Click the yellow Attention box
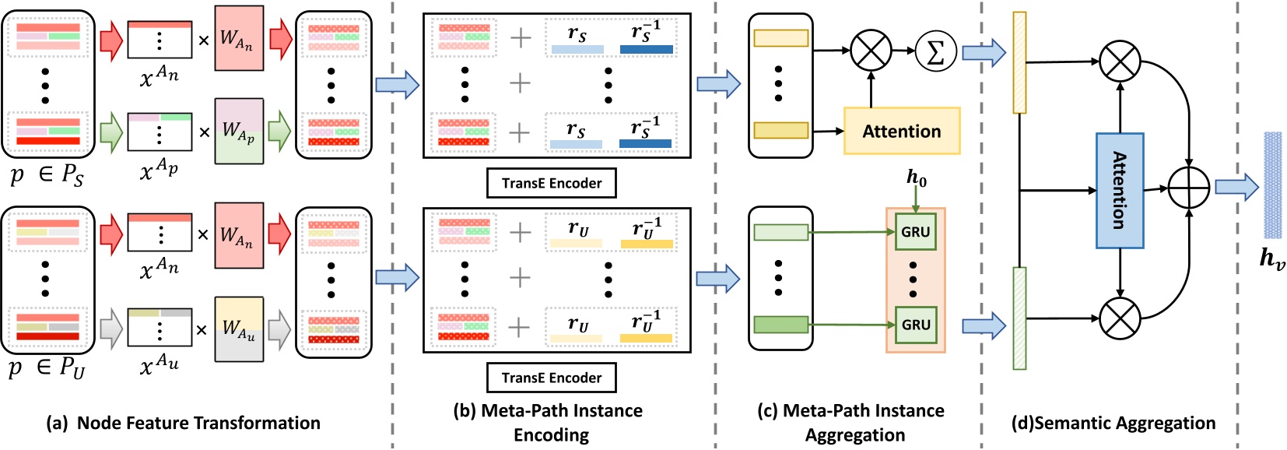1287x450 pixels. [x=902, y=132]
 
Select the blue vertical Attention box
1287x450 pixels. [x=1120, y=191]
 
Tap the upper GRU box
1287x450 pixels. [x=915, y=232]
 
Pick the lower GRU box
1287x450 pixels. [x=915, y=325]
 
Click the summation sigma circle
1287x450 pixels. [x=935, y=51]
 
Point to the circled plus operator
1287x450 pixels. [x=1189, y=188]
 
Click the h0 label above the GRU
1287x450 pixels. [x=917, y=178]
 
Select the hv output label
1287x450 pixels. [x=1272, y=258]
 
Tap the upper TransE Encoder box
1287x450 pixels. [x=552, y=184]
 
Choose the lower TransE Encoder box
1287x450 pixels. [x=552, y=378]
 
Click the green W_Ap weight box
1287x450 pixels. [x=239, y=131]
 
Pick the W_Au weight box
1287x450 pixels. [x=239, y=329]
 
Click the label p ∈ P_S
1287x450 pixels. [x=47, y=175]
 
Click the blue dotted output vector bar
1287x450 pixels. [x=1272, y=185]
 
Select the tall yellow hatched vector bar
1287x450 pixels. [x=1019, y=62]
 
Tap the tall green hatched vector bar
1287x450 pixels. [x=1019, y=318]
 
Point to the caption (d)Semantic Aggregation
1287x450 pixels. [x=1113, y=424]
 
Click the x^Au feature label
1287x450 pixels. [x=159, y=364]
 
